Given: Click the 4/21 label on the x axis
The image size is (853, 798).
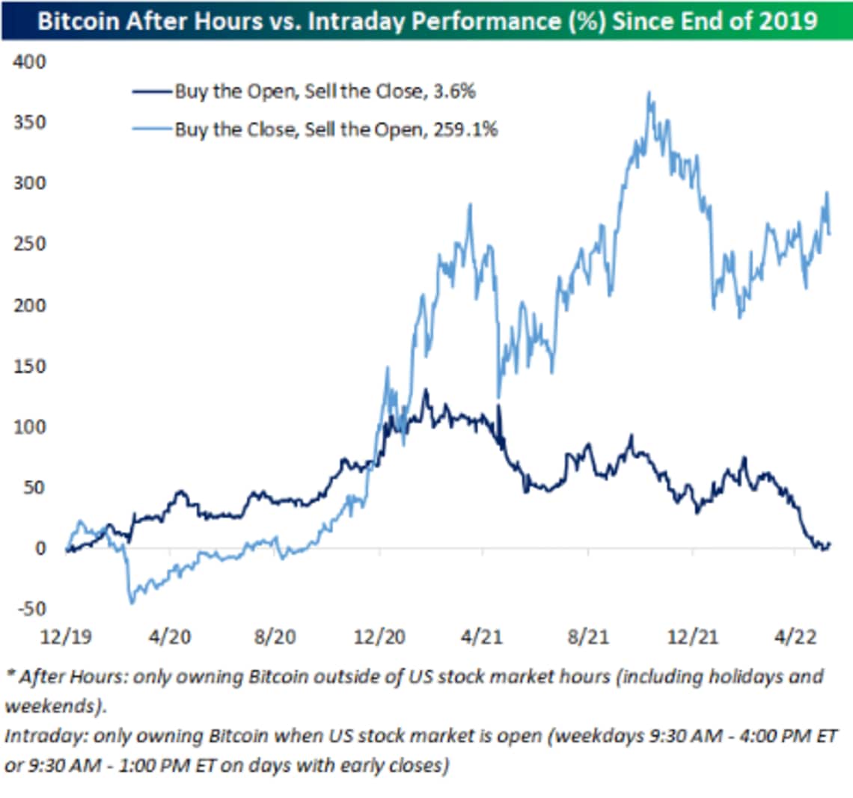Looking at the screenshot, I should [x=483, y=636].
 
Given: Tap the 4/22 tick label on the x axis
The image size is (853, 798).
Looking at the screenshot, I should [x=795, y=636].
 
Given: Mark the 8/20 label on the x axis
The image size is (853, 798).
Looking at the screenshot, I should [x=275, y=636].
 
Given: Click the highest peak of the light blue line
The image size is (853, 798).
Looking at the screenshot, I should [x=649, y=93].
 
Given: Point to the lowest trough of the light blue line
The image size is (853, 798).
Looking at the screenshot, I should [x=132, y=602].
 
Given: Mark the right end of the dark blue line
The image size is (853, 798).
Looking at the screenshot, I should [x=829, y=544].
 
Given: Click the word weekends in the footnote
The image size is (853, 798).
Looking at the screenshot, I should [x=50, y=706].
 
